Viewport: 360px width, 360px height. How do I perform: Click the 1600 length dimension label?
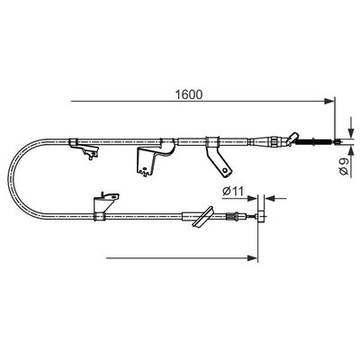[189, 94]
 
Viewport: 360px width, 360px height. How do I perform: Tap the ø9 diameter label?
[344, 166]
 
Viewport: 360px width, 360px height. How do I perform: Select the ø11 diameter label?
[233, 191]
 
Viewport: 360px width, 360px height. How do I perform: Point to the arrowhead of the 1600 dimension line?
[329, 102]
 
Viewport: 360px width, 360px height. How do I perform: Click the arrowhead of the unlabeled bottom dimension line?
[253, 258]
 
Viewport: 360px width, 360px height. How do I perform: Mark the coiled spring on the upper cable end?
[312, 142]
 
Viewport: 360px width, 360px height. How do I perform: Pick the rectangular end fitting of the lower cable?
[262, 217]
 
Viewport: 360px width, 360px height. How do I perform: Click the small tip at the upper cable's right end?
[337, 142]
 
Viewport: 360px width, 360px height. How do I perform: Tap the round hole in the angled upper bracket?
[225, 170]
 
